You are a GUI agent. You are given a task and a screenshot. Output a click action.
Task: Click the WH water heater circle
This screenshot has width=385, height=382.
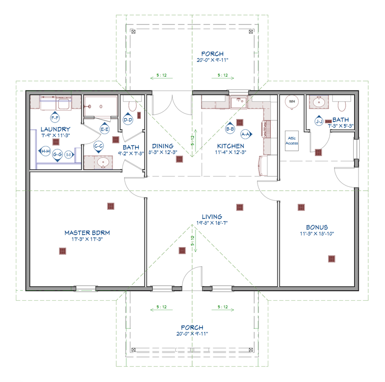pos(292,101)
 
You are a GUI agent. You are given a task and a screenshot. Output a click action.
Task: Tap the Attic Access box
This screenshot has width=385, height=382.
pos(292,141)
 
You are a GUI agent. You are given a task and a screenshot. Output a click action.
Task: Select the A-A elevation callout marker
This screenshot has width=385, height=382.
pos(246,134)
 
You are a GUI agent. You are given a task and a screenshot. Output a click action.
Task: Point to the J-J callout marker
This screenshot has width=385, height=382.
pos(319,121)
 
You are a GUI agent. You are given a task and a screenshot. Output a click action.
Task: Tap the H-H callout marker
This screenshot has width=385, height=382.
pos(44,151)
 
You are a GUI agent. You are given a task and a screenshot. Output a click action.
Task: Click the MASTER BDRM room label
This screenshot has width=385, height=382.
pos(87,233)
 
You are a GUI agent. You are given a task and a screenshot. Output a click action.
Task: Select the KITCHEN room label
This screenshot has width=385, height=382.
pos(231,146)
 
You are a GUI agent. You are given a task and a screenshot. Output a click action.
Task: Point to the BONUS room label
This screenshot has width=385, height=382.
pos(317,227)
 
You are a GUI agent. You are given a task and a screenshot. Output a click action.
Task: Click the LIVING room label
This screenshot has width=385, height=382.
pos(212,217)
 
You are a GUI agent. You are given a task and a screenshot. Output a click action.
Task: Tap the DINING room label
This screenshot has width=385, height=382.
pos(163,146)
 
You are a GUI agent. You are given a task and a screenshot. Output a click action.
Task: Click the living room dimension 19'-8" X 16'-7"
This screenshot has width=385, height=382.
pos(212,223)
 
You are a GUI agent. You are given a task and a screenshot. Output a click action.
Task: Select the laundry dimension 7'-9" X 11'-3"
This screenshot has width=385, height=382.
pos(56,135)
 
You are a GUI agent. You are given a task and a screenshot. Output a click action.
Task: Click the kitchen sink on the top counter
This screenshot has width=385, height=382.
pos(238,102)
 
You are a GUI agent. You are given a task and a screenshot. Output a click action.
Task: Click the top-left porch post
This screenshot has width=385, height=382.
pos(133,31)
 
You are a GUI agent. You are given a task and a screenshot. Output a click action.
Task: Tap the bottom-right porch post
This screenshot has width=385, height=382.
pos(251,349)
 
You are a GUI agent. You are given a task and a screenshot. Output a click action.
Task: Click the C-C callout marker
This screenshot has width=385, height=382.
pos(98,147)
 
